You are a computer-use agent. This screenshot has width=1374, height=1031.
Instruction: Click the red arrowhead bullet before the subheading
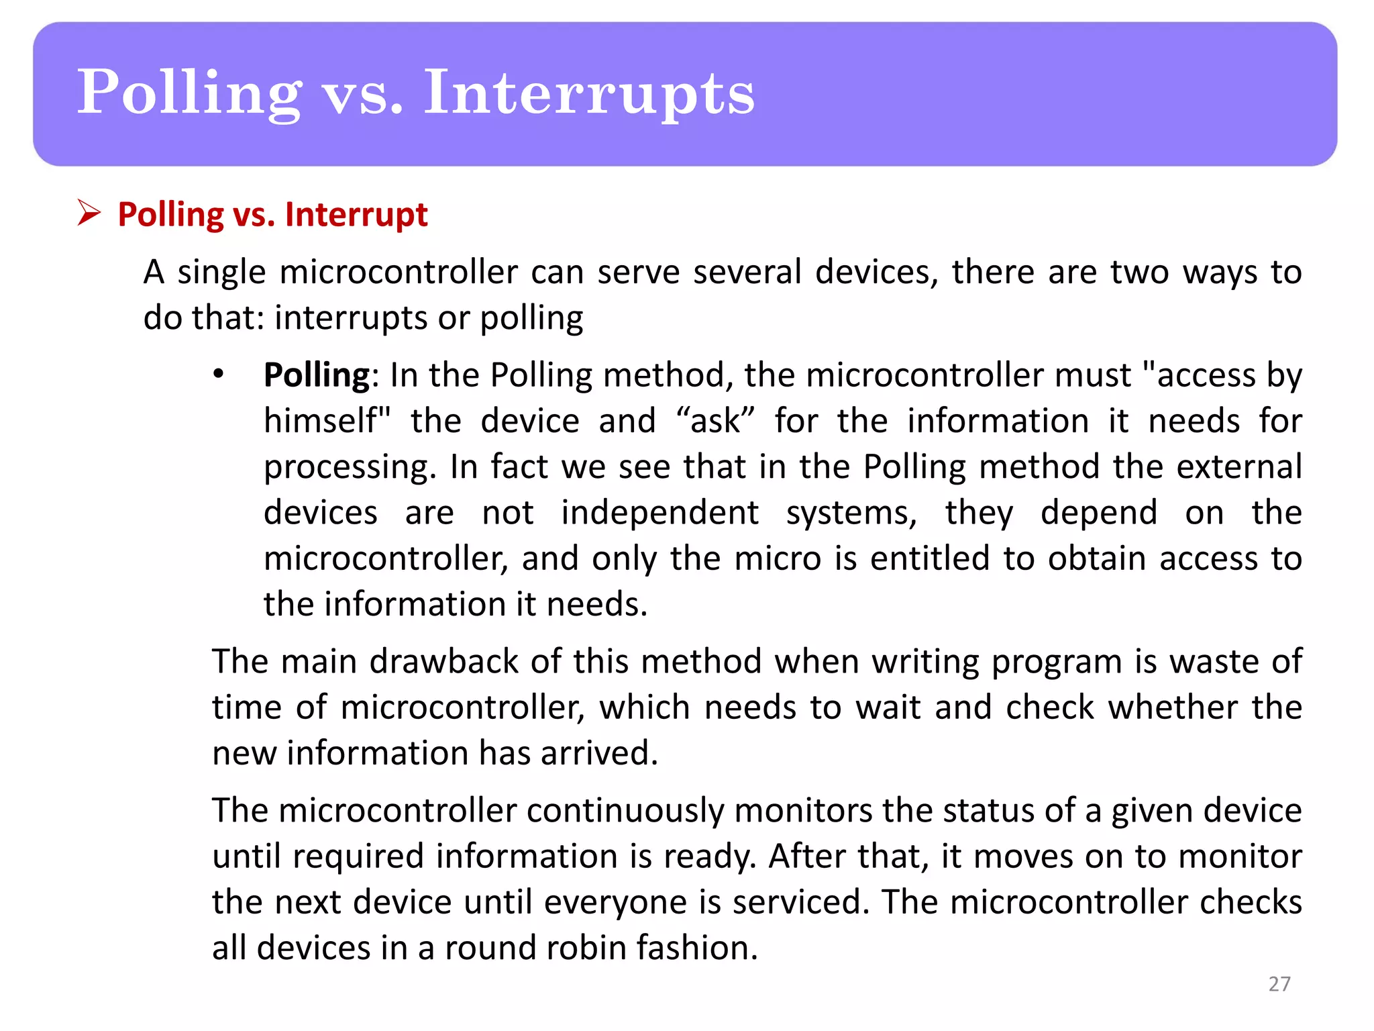pos(89,213)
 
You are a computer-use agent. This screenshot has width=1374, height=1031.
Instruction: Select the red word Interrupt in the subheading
pos(356,215)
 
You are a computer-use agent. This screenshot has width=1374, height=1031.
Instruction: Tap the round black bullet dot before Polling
pos(218,375)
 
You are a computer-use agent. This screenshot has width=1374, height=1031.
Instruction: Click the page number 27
pos(1279,983)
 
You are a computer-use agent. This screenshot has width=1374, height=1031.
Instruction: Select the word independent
pos(660,513)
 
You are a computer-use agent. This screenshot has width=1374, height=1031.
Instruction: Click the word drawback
pos(444,662)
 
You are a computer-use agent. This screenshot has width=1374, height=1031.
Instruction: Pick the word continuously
pos(625,811)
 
